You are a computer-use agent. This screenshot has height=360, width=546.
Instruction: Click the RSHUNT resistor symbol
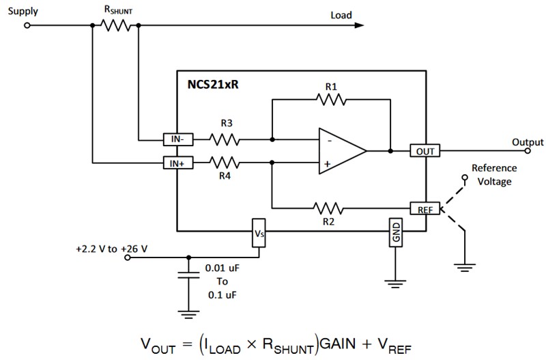(x=115, y=26)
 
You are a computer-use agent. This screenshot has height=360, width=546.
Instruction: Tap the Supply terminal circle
(x=27, y=26)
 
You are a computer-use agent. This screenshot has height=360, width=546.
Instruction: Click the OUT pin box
(x=425, y=151)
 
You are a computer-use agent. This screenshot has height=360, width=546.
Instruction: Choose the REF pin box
(x=425, y=208)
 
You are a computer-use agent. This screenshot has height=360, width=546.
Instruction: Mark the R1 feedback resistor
(x=331, y=100)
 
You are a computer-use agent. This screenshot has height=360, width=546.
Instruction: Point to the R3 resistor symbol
(x=224, y=140)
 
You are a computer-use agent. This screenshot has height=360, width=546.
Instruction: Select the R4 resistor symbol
(x=224, y=163)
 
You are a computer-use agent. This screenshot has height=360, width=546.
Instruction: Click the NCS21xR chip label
(x=214, y=86)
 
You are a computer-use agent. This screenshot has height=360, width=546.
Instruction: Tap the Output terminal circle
(x=532, y=151)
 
